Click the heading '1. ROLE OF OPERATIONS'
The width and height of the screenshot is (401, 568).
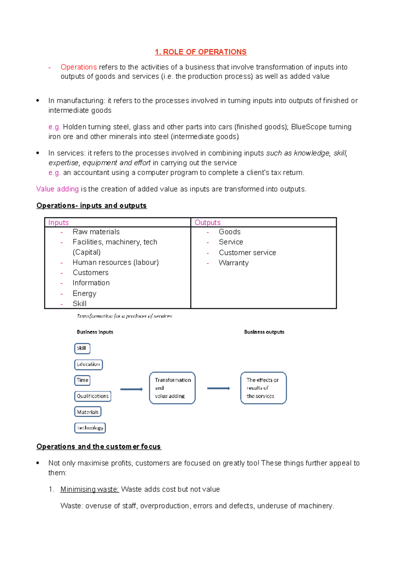(200, 52)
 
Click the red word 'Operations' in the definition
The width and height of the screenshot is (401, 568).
(79, 67)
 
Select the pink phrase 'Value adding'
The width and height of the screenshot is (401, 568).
(57, 189)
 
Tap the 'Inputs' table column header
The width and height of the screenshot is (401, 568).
(58, 222)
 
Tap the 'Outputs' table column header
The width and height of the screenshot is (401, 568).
(208, 222)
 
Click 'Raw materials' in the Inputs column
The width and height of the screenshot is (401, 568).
(96, 232)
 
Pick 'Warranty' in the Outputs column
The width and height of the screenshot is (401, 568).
(234, 263)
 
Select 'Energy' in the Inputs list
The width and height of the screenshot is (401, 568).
(84, 293)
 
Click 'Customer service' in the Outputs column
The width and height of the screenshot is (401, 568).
(247, 253)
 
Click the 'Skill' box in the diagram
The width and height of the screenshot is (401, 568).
(82, 348)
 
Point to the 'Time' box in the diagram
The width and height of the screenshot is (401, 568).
(82, 380)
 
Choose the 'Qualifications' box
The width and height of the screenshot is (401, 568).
(93, 396)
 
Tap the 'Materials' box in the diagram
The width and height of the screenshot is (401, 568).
(88, 412)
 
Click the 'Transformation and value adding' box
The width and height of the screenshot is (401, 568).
(172, 388)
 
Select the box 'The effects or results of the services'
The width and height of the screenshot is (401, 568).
(263, 388)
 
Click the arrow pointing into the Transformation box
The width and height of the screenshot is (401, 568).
(131, 389)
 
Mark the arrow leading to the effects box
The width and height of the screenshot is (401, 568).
(218, 388)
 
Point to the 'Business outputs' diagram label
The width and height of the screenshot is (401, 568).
(264, 332)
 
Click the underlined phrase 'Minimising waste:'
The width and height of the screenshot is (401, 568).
(90, 489)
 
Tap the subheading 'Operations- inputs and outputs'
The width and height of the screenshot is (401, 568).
(92, 205)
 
